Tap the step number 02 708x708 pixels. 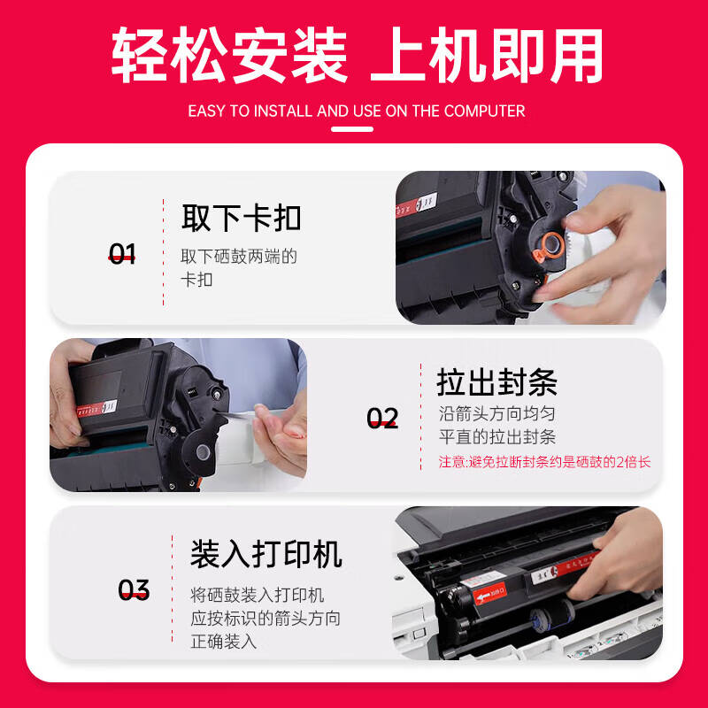point(382,418)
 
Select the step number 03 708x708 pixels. point(134,590)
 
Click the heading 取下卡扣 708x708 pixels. point(241,218)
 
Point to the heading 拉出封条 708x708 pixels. point(496,382)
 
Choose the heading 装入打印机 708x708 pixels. point(265,554)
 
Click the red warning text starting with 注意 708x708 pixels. point(544,462)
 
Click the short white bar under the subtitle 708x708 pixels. point(351,129)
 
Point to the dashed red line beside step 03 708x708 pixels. point(170,590)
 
